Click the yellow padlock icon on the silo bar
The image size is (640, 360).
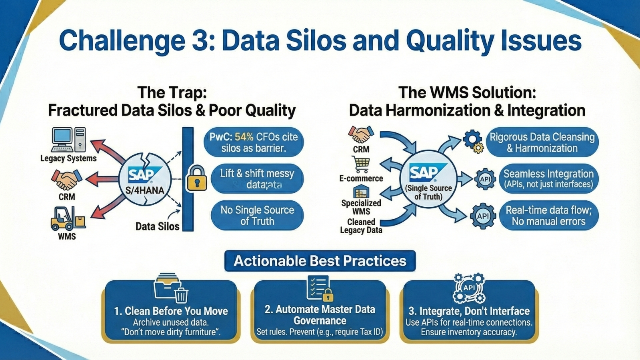pyautogui.click(x=197, y=178)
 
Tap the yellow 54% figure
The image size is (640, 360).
pyautogui.click(x=244, y=137)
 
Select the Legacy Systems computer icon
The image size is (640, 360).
pyautogui.click(x=68, y=140)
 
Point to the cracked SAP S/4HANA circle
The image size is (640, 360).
pyautogui.click(x=145, y=179)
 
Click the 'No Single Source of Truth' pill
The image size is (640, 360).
pyautogui.click(x=257, y=216)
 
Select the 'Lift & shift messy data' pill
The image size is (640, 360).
pyautogui.click(x=257, y=178)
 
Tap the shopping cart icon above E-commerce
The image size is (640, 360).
pyautogui.click(x=361, y=164)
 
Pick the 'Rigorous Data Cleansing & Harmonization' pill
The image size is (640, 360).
pyautogui.click(x=542, y=142)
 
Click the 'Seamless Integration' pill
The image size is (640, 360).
pyautogui.click(x=548, y=178)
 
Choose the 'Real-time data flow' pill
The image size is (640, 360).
pyautogui.click(x=548, y=216)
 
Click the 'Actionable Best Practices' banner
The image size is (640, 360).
pyautogui.click(x=320, y=261)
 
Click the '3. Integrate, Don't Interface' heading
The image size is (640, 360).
pyautogui.click(x=469, y=311)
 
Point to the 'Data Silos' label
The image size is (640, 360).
pyautogui.click(x=157, y=226)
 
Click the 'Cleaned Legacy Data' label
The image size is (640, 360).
pyautogui.click(x=361, y=226)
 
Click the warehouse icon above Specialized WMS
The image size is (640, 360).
pyautogui.click(x=361, y=192)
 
